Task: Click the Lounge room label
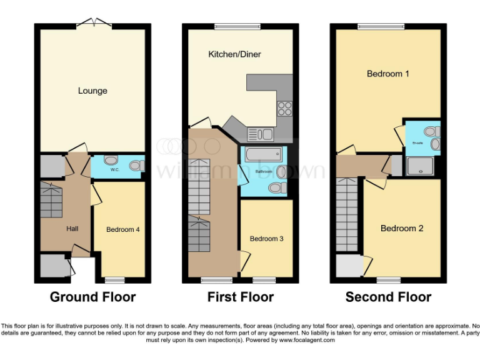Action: (92, 91)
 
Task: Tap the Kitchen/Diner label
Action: (234, 54)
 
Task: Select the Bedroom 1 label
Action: (387, 74)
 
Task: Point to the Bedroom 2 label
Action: (402, 228)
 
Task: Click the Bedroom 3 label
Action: (266, 239)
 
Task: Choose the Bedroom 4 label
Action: (122, 229)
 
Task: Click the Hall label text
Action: (72, 229)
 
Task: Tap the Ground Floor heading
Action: (92, 297)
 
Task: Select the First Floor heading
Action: (240, 297)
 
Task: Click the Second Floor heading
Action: (388, 297)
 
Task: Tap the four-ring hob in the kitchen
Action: (284, 108)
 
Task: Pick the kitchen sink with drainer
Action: (261, 133)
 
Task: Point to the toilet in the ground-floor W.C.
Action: (136, 166)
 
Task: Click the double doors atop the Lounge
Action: (94, 24)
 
